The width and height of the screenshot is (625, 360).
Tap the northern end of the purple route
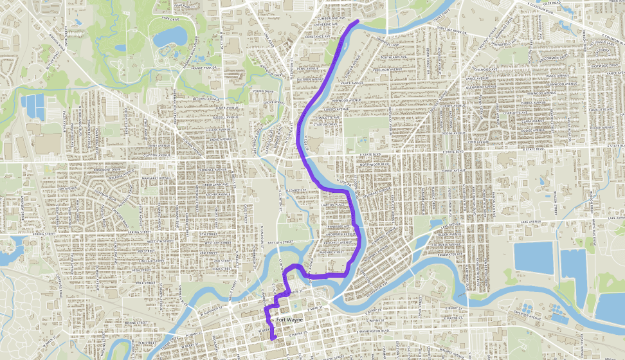pyautogui.click(x=357, y=22)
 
